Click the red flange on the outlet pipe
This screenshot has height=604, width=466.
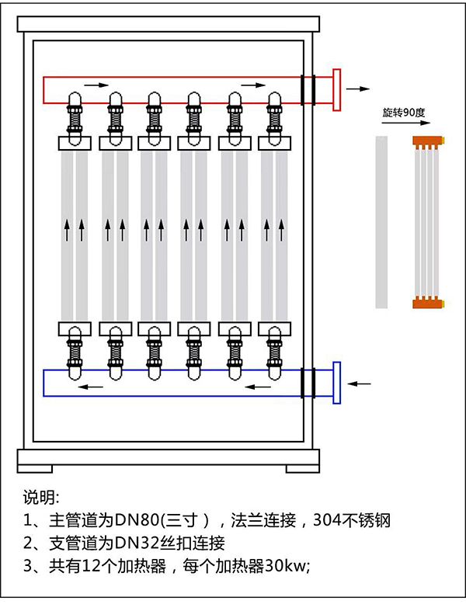pos(336,90)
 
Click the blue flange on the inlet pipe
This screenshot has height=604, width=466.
pos(336,383)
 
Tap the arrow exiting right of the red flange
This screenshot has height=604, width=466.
pos(358,89)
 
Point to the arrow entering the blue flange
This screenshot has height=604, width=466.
pos(359,383)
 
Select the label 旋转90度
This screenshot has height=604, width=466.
pos(403,113)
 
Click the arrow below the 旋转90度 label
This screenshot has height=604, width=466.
pos(403,123)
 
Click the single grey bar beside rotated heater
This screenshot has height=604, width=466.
pos(381,221)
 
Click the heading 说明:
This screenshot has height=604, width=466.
pos(41,498)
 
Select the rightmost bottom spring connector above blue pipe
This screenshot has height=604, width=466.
pos(273,351)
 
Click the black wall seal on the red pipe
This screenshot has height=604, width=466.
pos(308,89)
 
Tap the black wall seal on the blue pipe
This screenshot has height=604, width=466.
pos(308,383)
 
